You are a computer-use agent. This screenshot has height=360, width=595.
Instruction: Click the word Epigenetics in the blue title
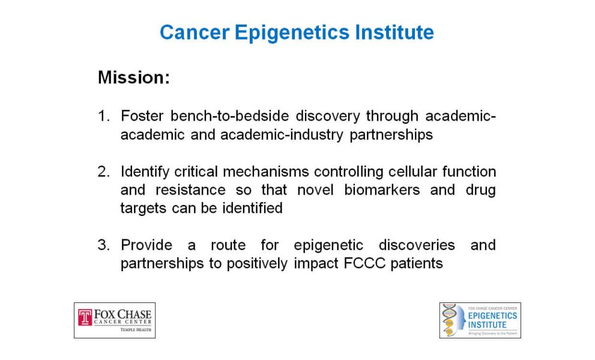(292, 32)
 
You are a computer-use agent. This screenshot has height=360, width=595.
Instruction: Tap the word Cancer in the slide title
(195, 32)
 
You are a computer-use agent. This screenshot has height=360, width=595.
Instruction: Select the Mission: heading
(134, 77)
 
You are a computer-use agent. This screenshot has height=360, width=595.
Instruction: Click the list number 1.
(103, 116)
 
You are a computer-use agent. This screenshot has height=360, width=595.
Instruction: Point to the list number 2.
(104, 172)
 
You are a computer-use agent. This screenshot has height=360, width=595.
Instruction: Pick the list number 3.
(104, 245)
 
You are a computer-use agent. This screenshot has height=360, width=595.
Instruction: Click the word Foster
(142, 116)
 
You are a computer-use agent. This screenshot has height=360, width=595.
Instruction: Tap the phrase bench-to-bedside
(229, 116)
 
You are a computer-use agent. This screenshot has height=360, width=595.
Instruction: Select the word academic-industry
(282, 134)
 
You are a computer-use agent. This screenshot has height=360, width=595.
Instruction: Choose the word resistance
(190, 190)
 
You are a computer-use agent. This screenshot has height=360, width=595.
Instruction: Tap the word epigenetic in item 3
(328, 245)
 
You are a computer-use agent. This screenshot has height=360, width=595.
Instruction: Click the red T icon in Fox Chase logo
(85, 317)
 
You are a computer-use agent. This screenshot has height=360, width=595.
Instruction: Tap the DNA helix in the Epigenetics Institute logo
(449, 320)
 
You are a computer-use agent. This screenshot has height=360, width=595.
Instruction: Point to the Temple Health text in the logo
(136, 329)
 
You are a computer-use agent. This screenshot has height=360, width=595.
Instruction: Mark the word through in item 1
(393, 116)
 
